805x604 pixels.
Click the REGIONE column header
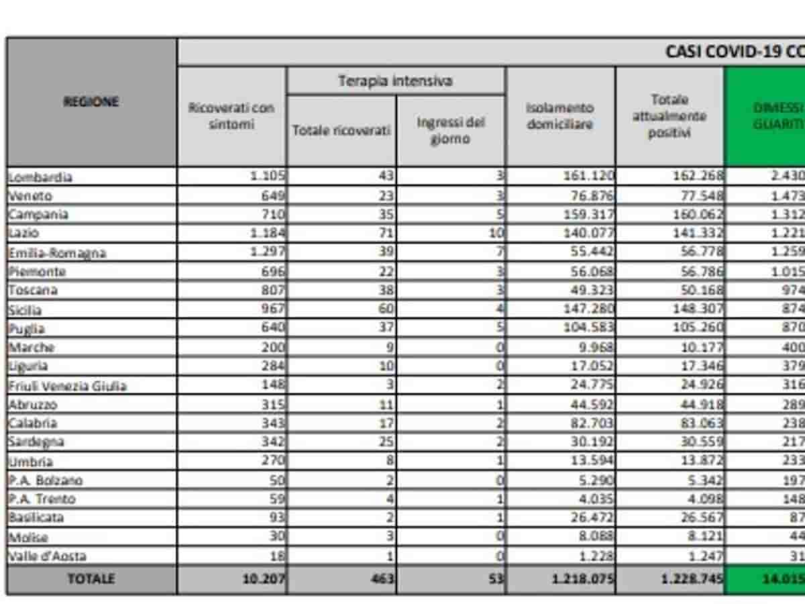pyautogui.click(x=91, y=101)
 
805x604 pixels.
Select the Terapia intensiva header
pyautogui.click(x=395, y=81)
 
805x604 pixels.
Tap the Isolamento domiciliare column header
pyautogui.click(x=560, y=116)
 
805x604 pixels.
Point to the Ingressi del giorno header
pyautogui.click(x=450, y=131)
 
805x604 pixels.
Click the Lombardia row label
pyautogui.click(x=40, y=177)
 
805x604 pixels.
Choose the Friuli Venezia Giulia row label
pyautogui.click(x=67, y=386)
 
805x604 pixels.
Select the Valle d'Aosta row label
pyautogui.click(x=48, y=556)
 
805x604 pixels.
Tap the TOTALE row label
pyautogui.click(x=91, y=579)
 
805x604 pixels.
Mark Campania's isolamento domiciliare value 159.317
pyautogui.click(x=588, y=215)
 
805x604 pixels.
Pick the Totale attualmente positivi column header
pyautogui.click(x=669, y=116)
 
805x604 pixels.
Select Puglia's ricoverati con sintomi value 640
pyautogui.click(x=272, y=328)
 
